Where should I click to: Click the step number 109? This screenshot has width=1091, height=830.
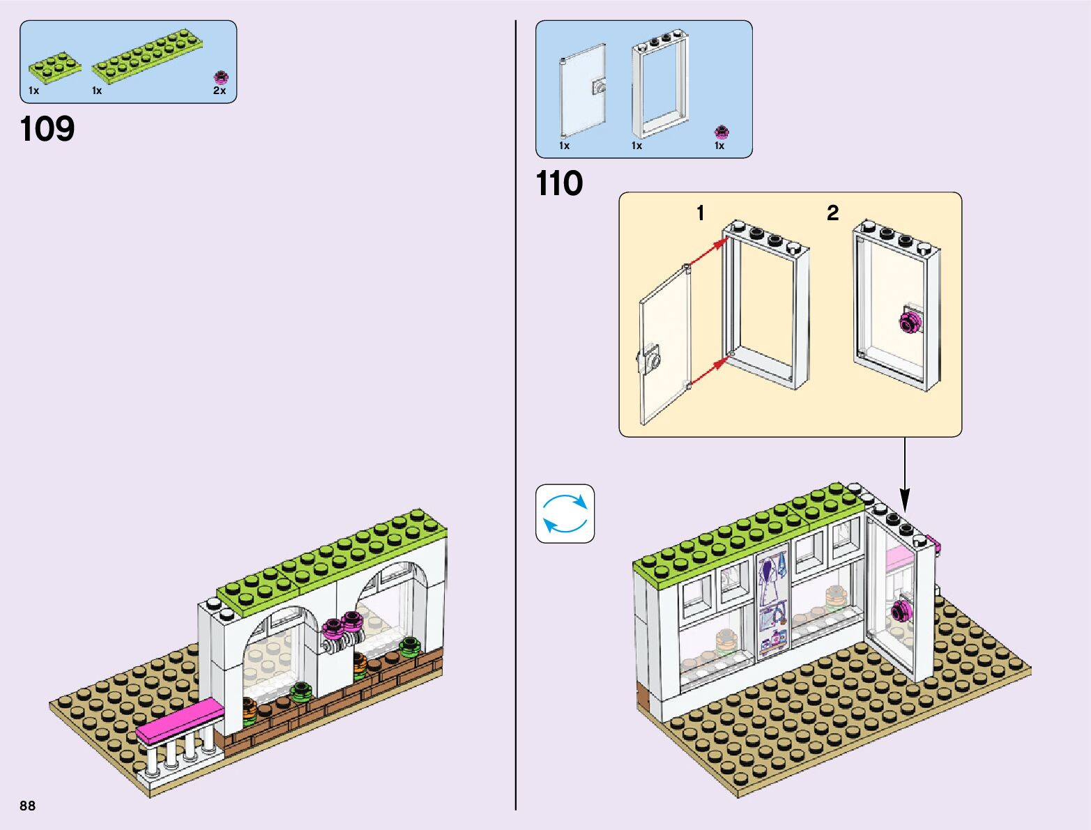[47, 129]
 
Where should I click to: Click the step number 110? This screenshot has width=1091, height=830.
[559, 184]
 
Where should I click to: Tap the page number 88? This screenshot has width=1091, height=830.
[27, 806]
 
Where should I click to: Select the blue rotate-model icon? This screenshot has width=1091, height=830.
[565, 514]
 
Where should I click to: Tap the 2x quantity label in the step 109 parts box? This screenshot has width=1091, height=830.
[220, 91]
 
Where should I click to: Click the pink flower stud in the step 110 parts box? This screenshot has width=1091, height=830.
[721, 132]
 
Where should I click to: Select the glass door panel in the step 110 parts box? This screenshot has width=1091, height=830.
[582, 91]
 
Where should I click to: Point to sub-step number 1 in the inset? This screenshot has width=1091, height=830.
[700, 213]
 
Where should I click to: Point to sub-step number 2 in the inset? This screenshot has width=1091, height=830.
[832, 213]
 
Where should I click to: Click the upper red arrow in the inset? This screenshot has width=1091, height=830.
[708, 252]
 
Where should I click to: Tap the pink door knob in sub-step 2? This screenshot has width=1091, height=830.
[909, 323]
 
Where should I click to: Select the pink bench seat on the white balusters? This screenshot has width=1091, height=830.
[180, 721]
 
